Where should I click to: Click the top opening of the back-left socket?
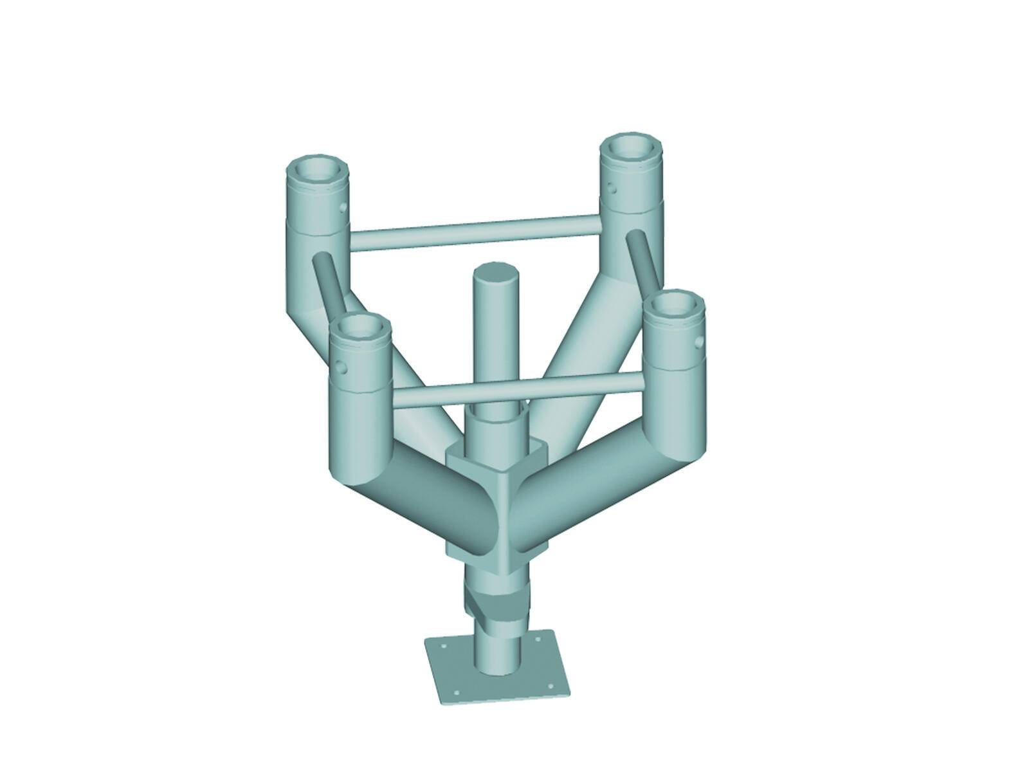[317, 169]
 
